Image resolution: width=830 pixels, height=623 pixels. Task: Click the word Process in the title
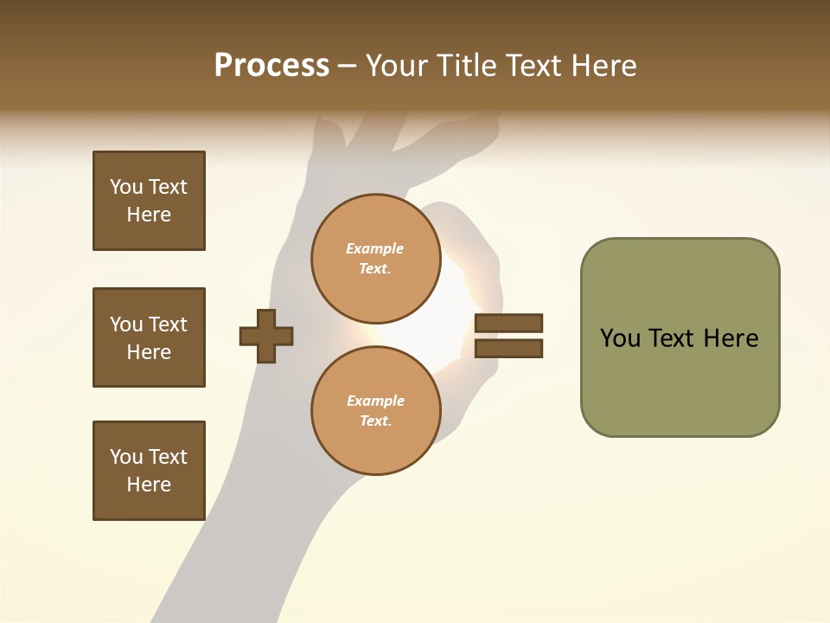(x=271, y=66)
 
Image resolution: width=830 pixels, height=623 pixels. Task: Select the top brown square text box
(x=149, y=201)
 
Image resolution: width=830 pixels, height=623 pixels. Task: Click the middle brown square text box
(x=149, y=337)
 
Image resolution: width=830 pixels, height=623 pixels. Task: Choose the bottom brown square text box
(x=149, y=471)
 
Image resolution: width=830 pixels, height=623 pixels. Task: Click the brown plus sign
(x=266, y=336)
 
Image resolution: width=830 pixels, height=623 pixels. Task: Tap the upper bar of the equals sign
(x=508, y=324)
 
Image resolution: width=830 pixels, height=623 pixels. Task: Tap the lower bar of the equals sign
(x=508, y=348)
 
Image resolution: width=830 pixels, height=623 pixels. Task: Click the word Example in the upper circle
(x=374, y=248)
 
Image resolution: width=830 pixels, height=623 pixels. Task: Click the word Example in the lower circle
(x=375, y=401)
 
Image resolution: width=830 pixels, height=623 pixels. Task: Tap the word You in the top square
(x=125, y=187)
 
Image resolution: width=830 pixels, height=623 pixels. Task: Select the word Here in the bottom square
(x=149, y=485)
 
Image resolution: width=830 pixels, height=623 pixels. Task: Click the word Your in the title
(x=399, y=66)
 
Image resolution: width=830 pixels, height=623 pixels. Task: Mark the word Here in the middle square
(x=149, y=352)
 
